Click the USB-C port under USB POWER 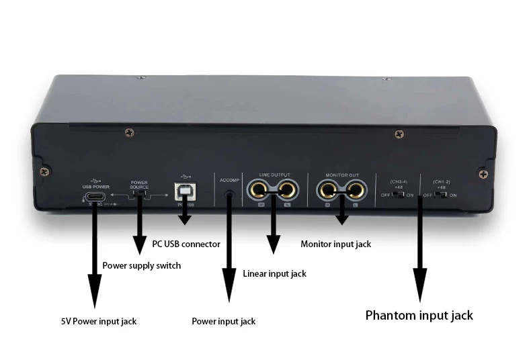(x=94, y=197)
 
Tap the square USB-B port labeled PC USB (x=183, y=193)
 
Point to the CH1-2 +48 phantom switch (x=441, y=195)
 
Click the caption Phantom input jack (x=419, y=315)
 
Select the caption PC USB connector (x=186, y=244)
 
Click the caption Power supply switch (x=141, y=265)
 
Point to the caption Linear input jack (x=274, y=273)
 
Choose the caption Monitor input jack (x=335, y=244)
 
